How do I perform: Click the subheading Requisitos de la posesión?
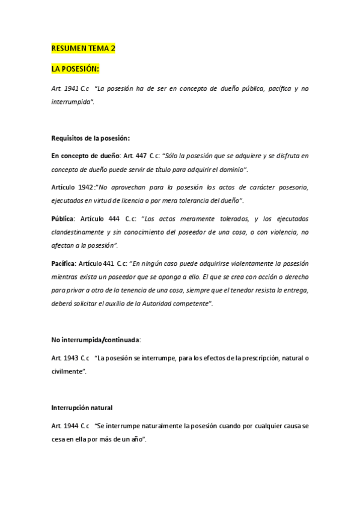coord(91,138)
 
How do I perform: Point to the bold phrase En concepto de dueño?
coord(86,156)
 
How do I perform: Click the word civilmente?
coord(67,371)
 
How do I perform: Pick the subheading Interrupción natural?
coord(82,407)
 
